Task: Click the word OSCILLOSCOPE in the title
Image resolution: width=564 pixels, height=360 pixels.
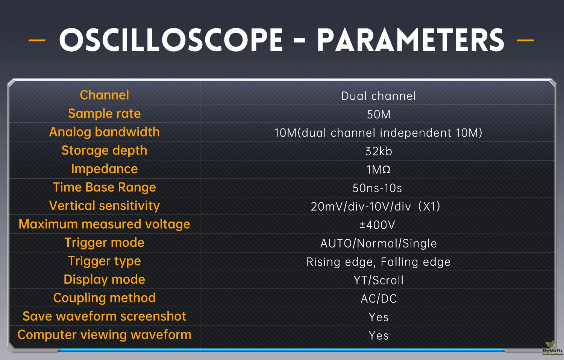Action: coord(171,40)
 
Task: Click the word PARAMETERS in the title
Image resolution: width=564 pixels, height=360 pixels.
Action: coord(411,40)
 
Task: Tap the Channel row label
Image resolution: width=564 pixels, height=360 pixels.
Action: coord(104,95)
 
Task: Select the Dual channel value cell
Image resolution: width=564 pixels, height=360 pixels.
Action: coord(378,96)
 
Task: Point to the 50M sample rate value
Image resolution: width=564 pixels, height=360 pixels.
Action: coord(378,114)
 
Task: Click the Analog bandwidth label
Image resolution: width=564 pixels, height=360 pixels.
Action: coord(104,132)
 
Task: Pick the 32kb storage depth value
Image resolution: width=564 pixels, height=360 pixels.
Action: coord(378,151)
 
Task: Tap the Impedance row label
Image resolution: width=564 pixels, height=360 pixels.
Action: coord(104,169)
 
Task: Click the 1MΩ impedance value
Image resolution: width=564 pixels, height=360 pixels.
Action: coord(378,170)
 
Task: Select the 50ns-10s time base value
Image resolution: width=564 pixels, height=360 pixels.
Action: coord(377,188)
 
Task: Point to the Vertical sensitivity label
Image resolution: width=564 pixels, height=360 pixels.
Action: coord(104,205)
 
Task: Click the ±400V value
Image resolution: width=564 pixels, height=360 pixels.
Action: coord(377,225)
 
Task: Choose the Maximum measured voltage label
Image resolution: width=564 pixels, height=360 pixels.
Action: coord(104,224)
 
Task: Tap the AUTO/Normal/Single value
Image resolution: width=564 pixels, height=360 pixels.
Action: coord(378,243)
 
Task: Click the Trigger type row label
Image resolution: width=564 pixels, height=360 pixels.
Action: coord(104,261)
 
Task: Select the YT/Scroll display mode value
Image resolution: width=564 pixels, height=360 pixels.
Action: coord(378,280)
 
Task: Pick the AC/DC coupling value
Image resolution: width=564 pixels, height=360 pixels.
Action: coord(378,299)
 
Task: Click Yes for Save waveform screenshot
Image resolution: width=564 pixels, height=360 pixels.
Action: coord(378,317)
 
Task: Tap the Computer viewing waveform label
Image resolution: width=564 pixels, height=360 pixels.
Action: coord(104,335)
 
